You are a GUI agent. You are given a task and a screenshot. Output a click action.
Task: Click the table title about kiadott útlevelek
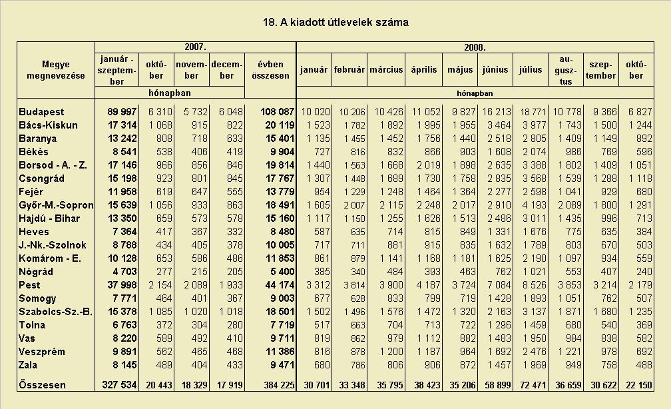pyautogui.click(x=335, y=22)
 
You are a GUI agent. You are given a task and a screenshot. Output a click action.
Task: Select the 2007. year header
pyautogui.click(x=195, y=47)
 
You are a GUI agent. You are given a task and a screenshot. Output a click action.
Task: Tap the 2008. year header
pyautogui.click(x=475, y=47)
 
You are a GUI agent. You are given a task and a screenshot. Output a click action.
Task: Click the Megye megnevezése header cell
pyautogui.click(x=56, y=70)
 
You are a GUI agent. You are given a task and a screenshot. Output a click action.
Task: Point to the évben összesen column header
pyautogui.click(x=270, y=70)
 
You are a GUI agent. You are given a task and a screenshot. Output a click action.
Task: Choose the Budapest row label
pyautogui.click(x=41, y=112)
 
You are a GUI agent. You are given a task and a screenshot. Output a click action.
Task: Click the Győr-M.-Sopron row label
pyautogui.click(x=56, y=205)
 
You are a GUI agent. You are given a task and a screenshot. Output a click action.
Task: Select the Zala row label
pyautogui.click(x=28, y=365)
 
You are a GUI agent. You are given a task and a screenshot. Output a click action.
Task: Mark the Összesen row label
pyautogui.click(x=43, y=384)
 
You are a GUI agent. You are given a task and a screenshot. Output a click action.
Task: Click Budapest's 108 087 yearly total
pyautogui.click(x=278, y=112)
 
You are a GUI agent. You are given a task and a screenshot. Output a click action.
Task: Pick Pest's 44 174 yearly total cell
pyautogui.click(x=280, y=285)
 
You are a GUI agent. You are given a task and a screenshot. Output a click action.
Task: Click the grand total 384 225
pyautogui.click(x=279, y=384)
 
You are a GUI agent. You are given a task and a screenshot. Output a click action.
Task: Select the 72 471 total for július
pyautogui.click(x=533, y=384)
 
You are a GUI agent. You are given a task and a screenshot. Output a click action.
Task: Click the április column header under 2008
pyautogui.click(x=423, y=70)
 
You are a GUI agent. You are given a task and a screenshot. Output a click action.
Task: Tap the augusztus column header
pyautogui.click(x=566, y=70)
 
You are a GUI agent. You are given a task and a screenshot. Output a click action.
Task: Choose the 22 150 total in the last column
pyautogui.click(x=639, y=384)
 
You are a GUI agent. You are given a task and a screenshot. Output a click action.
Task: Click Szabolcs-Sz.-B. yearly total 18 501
pyautogui.click(x=280, y=311)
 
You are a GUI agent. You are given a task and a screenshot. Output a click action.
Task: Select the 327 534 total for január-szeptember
pyautogui.click(x=119, y=384)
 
